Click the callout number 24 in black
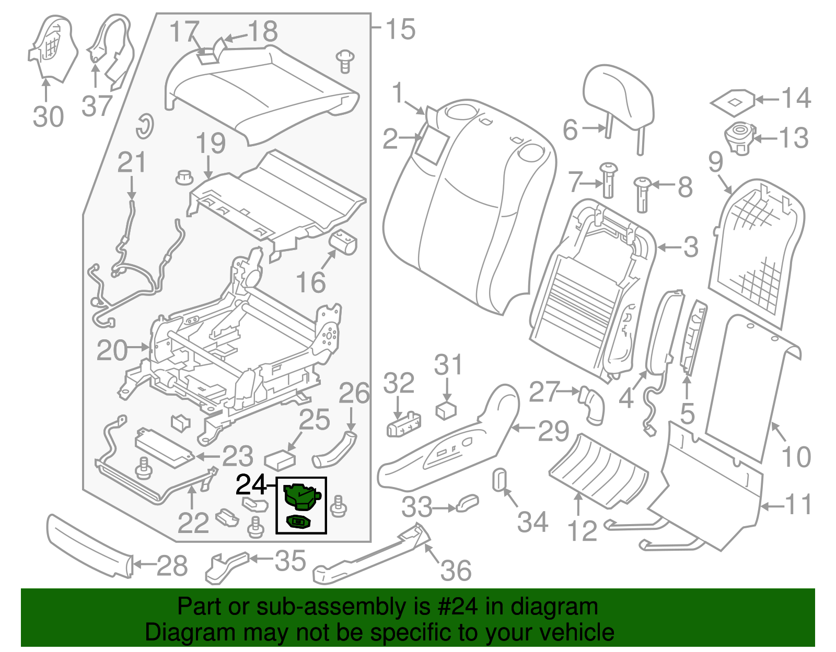tap(251, 485)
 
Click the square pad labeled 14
tap(733, 101)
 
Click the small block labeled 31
tap(446, 410)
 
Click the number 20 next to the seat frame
tap(112, 350)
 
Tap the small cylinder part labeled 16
tap(343, 242)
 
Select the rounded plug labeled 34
tap(500, 479)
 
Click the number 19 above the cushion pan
tap(211, 143)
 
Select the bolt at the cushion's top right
tap(344, 60)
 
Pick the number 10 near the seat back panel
tap(796, 457)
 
